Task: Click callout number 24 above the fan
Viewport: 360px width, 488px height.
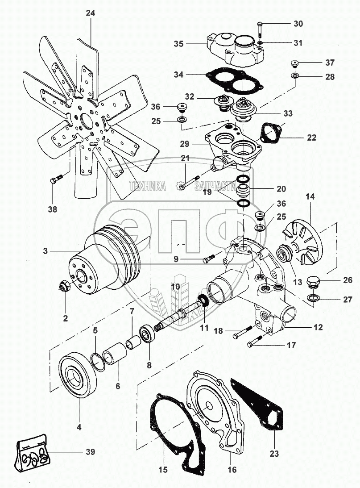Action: [91, 13]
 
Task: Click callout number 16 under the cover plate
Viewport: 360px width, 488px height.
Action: [232, 470]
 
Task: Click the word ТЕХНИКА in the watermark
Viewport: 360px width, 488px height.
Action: [147, 186]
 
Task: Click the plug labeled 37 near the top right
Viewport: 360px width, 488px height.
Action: [294, 63]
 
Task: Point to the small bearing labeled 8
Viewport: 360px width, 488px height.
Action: [147, 334]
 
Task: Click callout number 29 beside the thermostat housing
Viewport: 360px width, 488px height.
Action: [185, 144]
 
